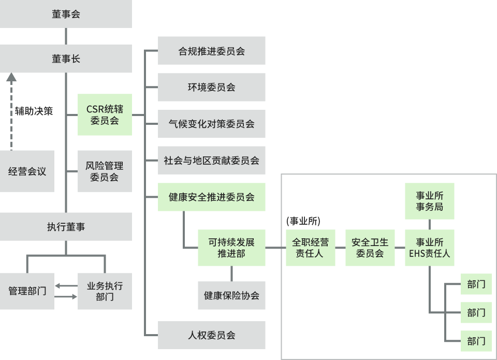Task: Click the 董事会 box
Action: coord(66,14)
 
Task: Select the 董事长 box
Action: coord(66,59)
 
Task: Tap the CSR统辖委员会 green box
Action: coord(105,114)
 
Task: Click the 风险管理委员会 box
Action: coord(105,171)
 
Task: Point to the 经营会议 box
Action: coord(27,171)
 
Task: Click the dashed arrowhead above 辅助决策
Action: coord(11,78)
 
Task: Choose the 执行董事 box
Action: coord(66,226)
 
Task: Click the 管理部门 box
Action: coord(27,291)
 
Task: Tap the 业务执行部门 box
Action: coord(105,291)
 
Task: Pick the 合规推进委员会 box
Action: coord(211,51)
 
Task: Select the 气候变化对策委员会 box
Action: coord(211,124)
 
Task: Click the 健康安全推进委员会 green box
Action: coord(211,197)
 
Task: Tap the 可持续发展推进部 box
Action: coord(231,248)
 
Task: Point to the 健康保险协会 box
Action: coord(231,295)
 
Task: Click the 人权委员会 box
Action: coord(211,335)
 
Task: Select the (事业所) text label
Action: coord(303,221)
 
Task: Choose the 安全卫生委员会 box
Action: coord(370,248)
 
